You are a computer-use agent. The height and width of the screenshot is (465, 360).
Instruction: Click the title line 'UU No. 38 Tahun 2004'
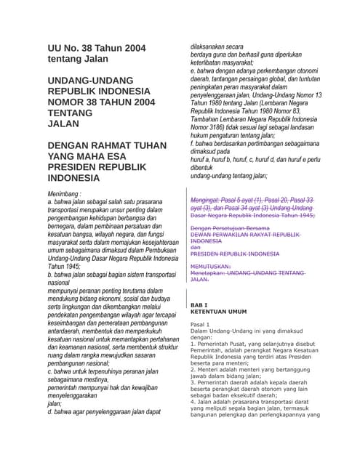[96, 48]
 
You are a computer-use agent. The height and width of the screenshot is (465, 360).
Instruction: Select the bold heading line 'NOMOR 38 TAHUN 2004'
[101, 103]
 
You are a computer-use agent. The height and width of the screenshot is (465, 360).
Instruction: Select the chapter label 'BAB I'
[199, 305]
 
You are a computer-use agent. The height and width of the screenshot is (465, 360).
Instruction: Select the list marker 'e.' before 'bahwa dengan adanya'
[193, 71]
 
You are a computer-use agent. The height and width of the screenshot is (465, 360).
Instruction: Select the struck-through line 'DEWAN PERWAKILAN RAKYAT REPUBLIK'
[245, 235]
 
